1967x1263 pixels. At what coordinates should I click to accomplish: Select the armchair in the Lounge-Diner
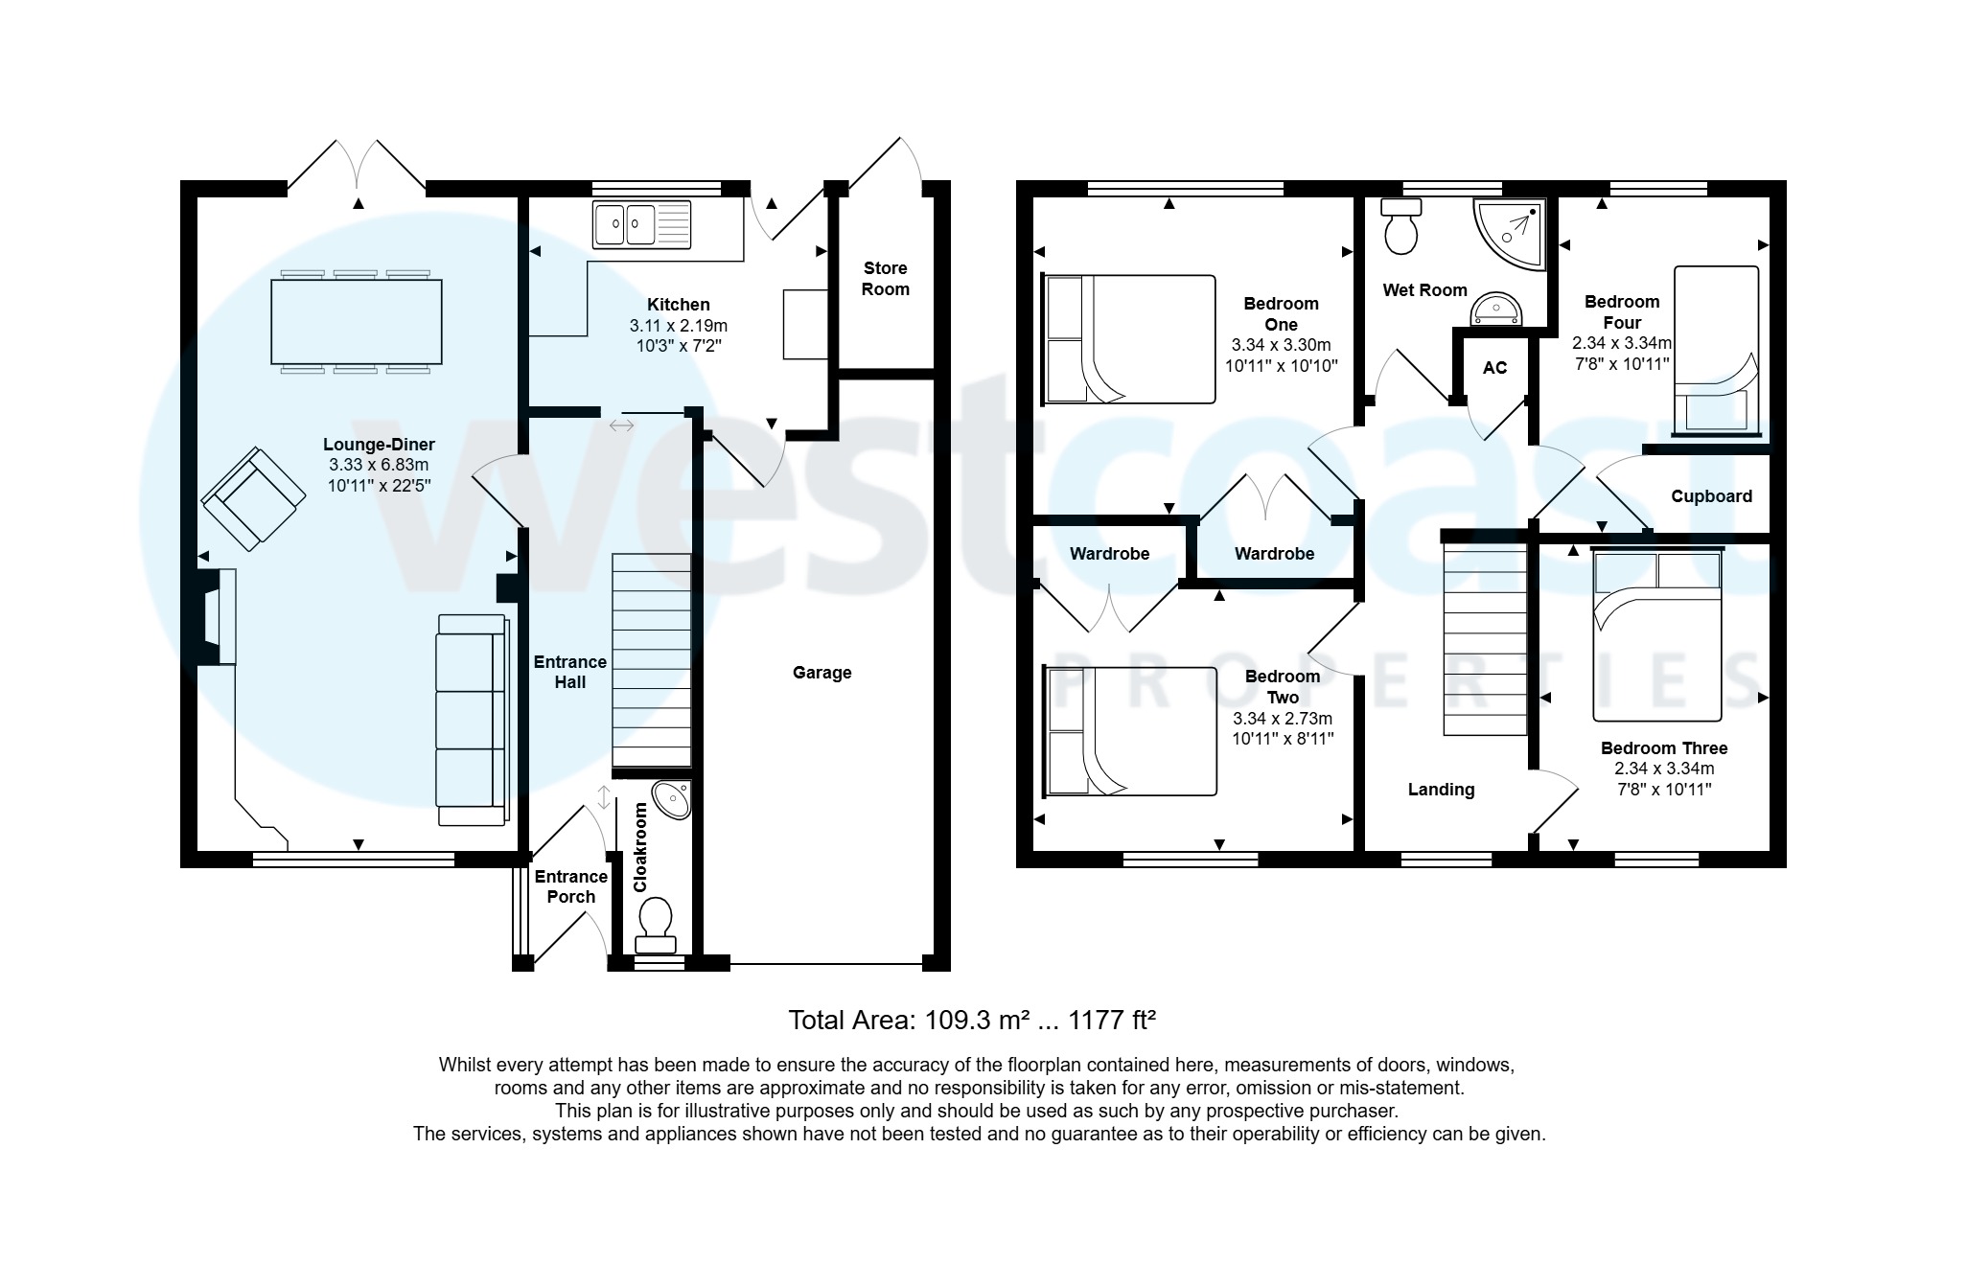248,498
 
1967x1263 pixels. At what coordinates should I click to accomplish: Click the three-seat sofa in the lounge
470,719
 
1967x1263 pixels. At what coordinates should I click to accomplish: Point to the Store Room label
885,279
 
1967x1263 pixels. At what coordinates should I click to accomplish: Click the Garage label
822,673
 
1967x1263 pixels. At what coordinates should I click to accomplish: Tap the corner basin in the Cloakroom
671,800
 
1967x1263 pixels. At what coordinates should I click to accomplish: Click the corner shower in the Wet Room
1511,233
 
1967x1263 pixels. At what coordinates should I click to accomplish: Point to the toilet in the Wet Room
1401,226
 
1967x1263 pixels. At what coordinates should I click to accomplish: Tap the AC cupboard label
1494,368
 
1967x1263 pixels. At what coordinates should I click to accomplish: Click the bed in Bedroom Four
1716,350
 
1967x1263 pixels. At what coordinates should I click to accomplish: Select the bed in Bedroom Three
1656,633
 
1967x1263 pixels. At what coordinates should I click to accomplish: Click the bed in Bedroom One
1128,338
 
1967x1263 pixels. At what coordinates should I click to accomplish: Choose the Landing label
1441,790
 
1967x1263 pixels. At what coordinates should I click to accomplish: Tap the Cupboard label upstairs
1711,496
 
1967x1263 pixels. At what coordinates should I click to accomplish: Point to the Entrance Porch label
570,886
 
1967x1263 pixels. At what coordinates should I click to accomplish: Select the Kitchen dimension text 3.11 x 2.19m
678,326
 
